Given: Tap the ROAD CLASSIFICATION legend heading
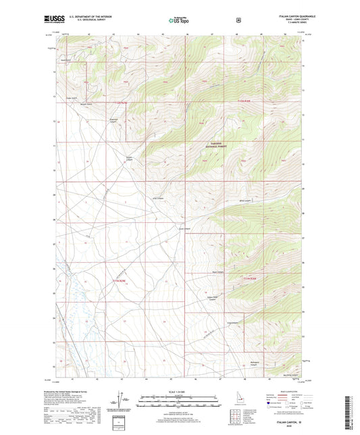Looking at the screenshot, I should pos(288,392).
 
